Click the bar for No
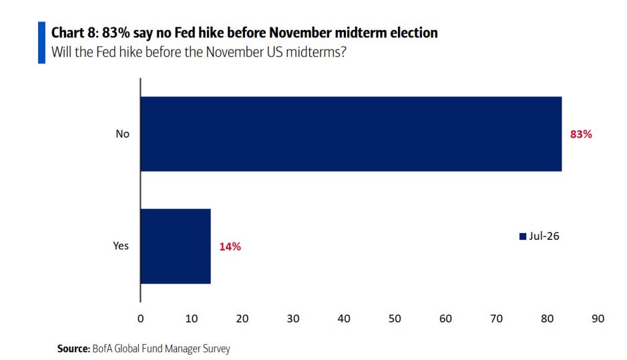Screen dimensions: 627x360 [351, 134]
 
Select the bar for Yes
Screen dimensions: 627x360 [176, 246]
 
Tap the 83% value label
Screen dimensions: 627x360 [581, 134]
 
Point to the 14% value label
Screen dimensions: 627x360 [230, 246]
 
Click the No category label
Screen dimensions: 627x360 [122, 134]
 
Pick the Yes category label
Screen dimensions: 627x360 [121, 246]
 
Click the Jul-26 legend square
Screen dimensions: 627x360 [523, 236]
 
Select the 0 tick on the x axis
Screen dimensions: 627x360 [140, 319]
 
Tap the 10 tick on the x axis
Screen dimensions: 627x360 [191, 319]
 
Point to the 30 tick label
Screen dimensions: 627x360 [293, 319]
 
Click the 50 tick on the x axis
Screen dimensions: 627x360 [395, 319]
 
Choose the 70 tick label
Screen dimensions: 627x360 [496, 319]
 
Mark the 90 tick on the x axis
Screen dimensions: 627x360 [598, 319]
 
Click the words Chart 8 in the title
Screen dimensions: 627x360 [74, 33]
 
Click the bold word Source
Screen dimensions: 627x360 [73, 349]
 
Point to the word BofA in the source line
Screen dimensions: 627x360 [102, 349]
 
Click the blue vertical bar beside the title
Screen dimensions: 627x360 [41, 42]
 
